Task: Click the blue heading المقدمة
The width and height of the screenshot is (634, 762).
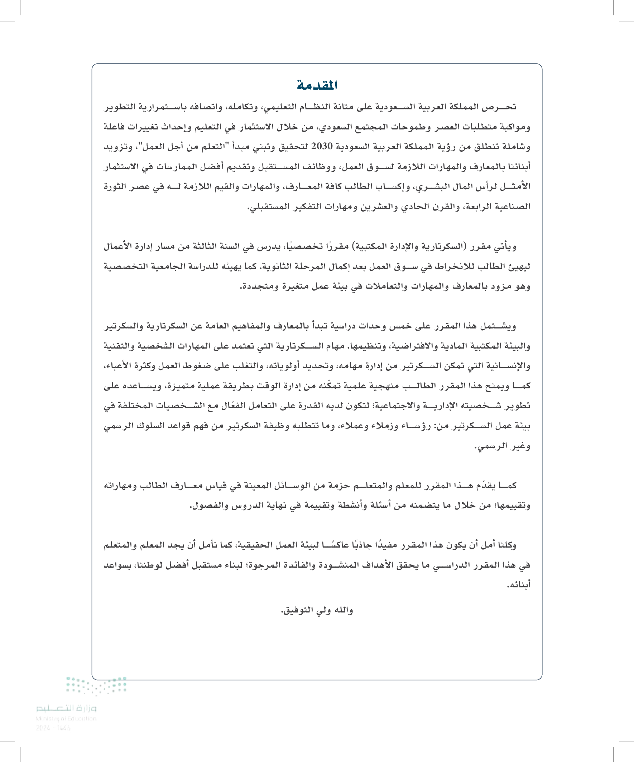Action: click(x=317, y=86)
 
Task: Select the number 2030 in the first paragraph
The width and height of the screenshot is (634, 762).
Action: click(x=322, y=147)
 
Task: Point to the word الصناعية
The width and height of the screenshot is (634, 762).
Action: click(x=513, y=207)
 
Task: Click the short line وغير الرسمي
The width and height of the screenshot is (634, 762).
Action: click(x=503, y=446)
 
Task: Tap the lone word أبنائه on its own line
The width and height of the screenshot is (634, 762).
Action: click(x=519, y=585)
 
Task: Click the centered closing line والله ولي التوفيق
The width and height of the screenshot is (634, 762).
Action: click(x=317, y=610)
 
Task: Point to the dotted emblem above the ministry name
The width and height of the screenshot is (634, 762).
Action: click(x=96, y=685)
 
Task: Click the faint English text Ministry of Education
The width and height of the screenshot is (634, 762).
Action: click(x=66, y=719)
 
